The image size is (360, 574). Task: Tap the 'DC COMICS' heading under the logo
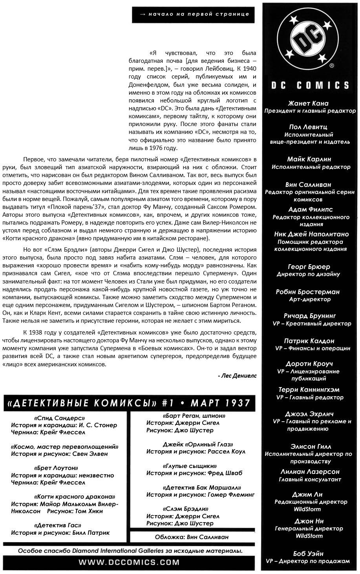pyautogui.click(x=310, y=86)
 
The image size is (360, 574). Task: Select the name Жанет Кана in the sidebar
pyautogui.click(x=308, y=103)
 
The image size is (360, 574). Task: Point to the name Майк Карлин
pyautogui.click(x=309, y=159)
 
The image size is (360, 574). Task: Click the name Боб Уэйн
pyautogui.click(x=308, y=553)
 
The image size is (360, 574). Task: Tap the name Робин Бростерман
pyautogui.click(x=308, y=292)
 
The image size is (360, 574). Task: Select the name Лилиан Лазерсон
pyautogui.click(x=310, y=472)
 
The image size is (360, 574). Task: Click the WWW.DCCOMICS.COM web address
pyautogui.click(x=129, y=562)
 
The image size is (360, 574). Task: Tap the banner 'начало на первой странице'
pyautogui.click(x=194, y=14)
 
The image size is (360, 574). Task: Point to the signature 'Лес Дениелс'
pyautogui.click(x=237, y=375)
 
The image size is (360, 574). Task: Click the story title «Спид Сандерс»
pyautogui.click(x=59, y=418)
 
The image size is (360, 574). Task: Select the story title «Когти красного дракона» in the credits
pyautogui.click(x=75, y=496)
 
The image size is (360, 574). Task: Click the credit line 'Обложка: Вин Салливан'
pyautogui.click(x=192, y=537)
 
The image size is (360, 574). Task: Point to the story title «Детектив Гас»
pyautogui.click(x=58, y=525)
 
